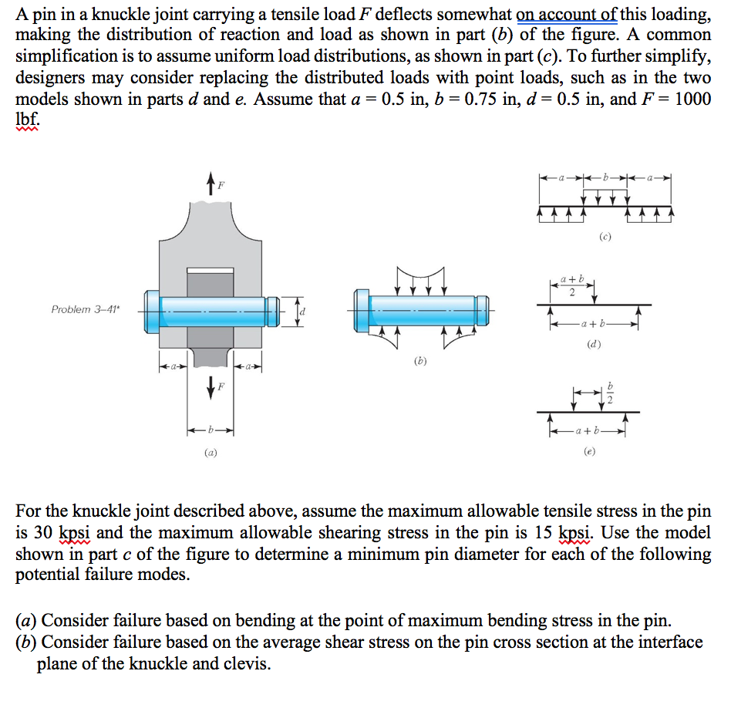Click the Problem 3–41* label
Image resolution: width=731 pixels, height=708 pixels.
pyautogui.click(x=86, y=308)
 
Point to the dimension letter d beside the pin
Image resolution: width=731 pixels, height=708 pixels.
pyautogui.click(x=303, y=311)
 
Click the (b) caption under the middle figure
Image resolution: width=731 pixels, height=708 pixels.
pyautogui.click(x=420, y=359)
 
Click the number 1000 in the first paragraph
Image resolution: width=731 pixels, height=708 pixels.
pyautogui.click(x=692, y=99)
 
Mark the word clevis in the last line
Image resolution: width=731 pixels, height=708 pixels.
pyautogui.click(x=247, y=664)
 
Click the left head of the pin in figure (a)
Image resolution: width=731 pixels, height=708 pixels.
pyautogui.click(x=153, y=310)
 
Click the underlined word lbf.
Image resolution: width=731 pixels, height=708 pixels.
pyautogui.click(x=27, y=120)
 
